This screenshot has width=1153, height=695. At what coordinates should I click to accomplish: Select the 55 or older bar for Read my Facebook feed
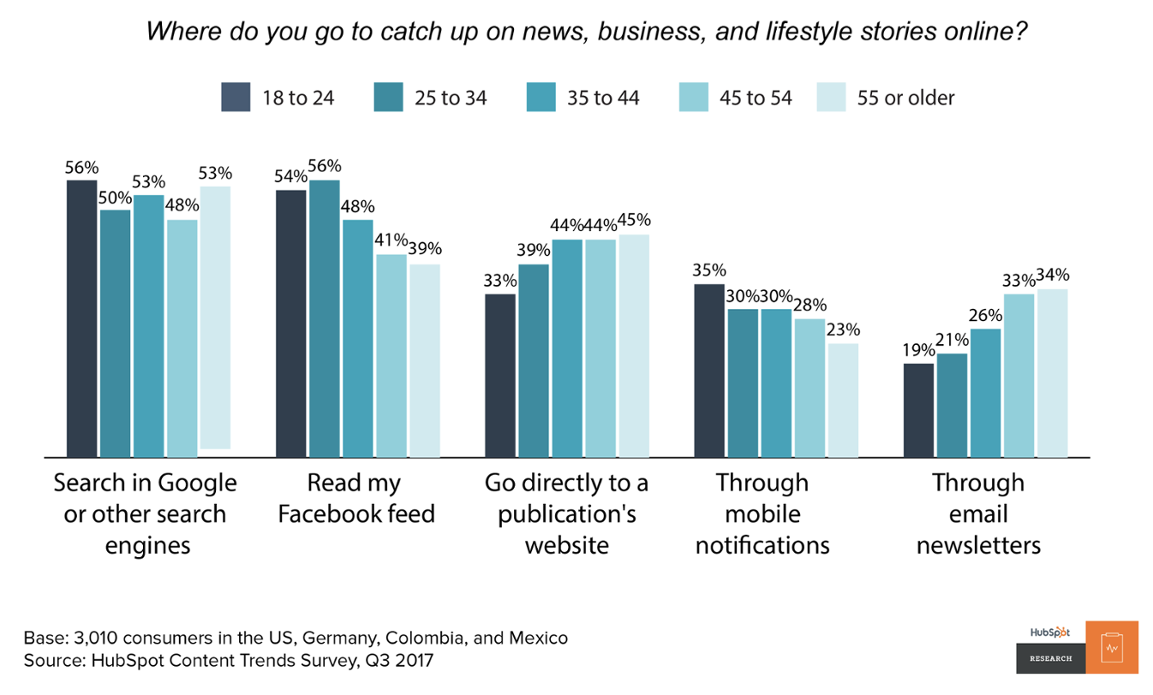[x=425, y=360]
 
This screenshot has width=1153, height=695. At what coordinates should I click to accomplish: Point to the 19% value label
[x=918, y=349]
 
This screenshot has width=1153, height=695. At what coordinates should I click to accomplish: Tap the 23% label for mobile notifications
[x=843, y=330]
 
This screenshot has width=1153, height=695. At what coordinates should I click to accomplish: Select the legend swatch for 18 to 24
[x=236, y=97]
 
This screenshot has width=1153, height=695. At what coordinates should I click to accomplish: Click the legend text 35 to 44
[x=603, y=98]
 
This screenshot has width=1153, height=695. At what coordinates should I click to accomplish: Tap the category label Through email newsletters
[x=978, y=514]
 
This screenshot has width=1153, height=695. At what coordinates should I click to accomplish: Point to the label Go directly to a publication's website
[x=566, y=514]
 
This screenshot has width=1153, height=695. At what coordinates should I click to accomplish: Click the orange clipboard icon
[x=1112, y=647]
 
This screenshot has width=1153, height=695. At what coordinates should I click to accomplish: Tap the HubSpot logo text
[x=1050, y=632]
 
